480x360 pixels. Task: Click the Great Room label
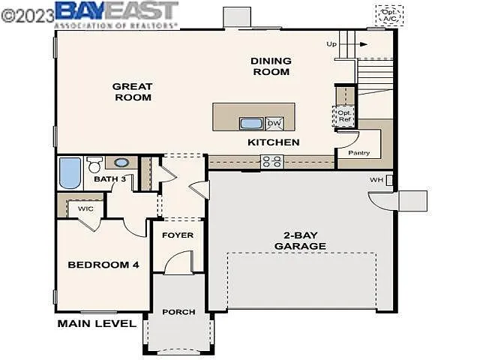click(x=132, y=91)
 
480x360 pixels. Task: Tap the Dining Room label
click(x=271, y=66)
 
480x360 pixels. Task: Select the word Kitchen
click(x=274, y=142)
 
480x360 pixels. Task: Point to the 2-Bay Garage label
click(x=300, y=240)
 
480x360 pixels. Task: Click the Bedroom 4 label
click(x=103, y=264)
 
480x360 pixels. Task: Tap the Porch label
click(x=178, y=311)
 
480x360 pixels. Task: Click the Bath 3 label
click(x=109, y=179)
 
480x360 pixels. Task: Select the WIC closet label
click(x=86, y=208)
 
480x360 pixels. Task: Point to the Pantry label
click(x=359, y=152)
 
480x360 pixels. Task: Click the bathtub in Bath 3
click(x=70, y=172)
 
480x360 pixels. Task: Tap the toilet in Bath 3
click(x=94, y=163)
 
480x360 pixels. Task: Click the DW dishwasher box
click(x=274, y=123)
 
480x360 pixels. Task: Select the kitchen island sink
click(x=250, y=123)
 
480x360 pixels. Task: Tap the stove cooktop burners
click(x=271, y=160)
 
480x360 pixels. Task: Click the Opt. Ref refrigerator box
click(x=344, y=115)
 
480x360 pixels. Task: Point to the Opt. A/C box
click(x=389, y=15)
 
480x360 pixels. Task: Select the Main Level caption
click(x=97, y=323)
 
